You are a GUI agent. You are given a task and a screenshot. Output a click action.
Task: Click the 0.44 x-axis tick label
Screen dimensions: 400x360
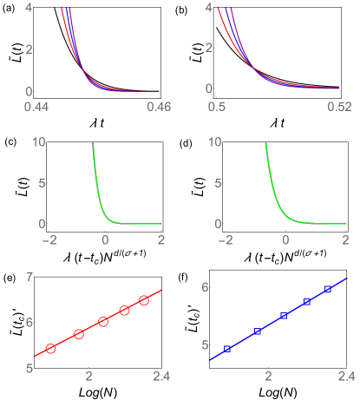click(x=36, y=106)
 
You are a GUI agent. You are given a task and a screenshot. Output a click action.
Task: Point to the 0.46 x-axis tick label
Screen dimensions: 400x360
click(x=159, y=106)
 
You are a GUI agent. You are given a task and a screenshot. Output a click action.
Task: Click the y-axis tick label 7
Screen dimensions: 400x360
click(x=29, y=277)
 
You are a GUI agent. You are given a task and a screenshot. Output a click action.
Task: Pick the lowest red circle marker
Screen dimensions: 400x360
click(x=50, y=348)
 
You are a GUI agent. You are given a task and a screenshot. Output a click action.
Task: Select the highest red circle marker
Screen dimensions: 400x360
click(x=144, y=299)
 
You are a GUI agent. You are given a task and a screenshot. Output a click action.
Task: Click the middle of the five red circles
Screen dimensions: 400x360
click(x=103, y=321)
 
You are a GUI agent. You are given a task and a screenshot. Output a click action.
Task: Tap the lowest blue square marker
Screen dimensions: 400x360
click(x=227, y=349)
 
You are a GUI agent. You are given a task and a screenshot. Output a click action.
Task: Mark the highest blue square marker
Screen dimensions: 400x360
click(x=328, y=289)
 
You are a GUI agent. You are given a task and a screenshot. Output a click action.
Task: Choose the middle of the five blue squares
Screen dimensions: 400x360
click(x=284, y=316)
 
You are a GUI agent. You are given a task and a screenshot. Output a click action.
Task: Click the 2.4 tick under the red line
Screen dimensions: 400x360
click(x=161, y=376)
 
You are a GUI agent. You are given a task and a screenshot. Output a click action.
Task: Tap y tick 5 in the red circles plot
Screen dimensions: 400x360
click(x=29, y=368)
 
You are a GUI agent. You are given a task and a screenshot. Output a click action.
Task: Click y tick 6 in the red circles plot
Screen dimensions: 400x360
click(x=29, y=322)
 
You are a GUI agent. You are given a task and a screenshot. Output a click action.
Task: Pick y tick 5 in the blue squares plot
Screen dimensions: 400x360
click(x=206, y=344)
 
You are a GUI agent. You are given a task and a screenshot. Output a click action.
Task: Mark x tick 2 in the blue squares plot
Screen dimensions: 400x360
click(x=269, y=376)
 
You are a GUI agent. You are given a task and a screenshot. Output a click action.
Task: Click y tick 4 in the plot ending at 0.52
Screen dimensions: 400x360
click(x=208, y=7)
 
